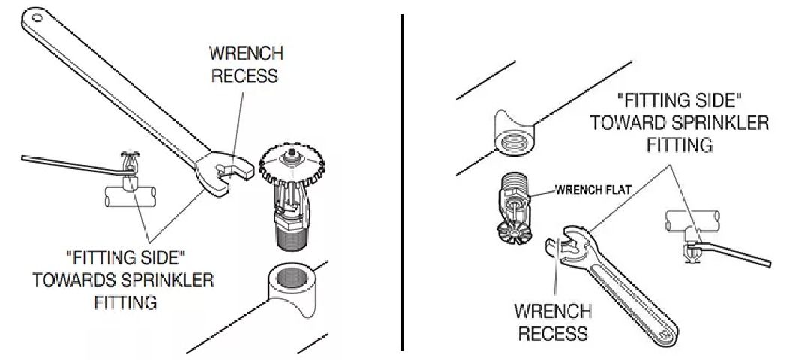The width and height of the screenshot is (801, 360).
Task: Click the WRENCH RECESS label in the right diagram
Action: point(552,322)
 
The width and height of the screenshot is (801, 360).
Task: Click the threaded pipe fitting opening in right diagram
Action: point(517,136)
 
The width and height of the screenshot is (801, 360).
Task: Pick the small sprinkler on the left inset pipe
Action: point(124,165)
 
